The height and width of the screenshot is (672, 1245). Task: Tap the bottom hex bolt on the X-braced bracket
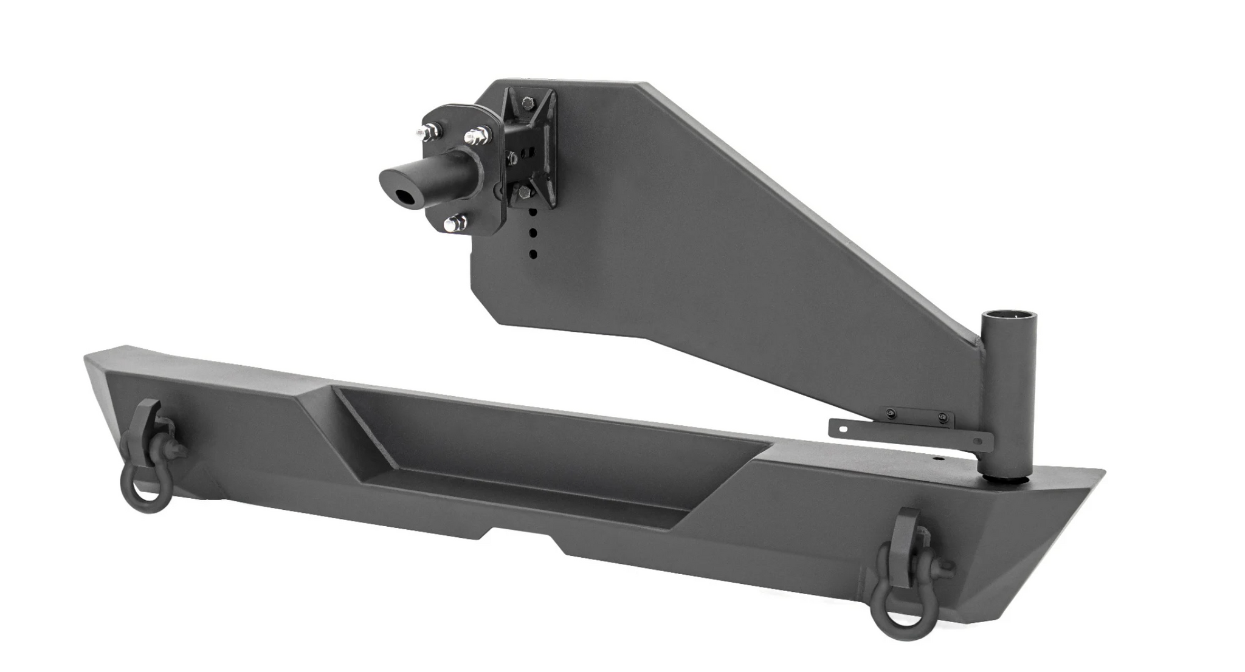click(524, 193)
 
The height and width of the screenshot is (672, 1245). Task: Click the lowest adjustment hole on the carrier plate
click(533, 254)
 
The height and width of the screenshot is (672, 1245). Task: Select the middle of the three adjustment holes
click(534, 233)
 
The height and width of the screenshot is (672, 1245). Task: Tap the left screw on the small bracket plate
click(892, 413)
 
